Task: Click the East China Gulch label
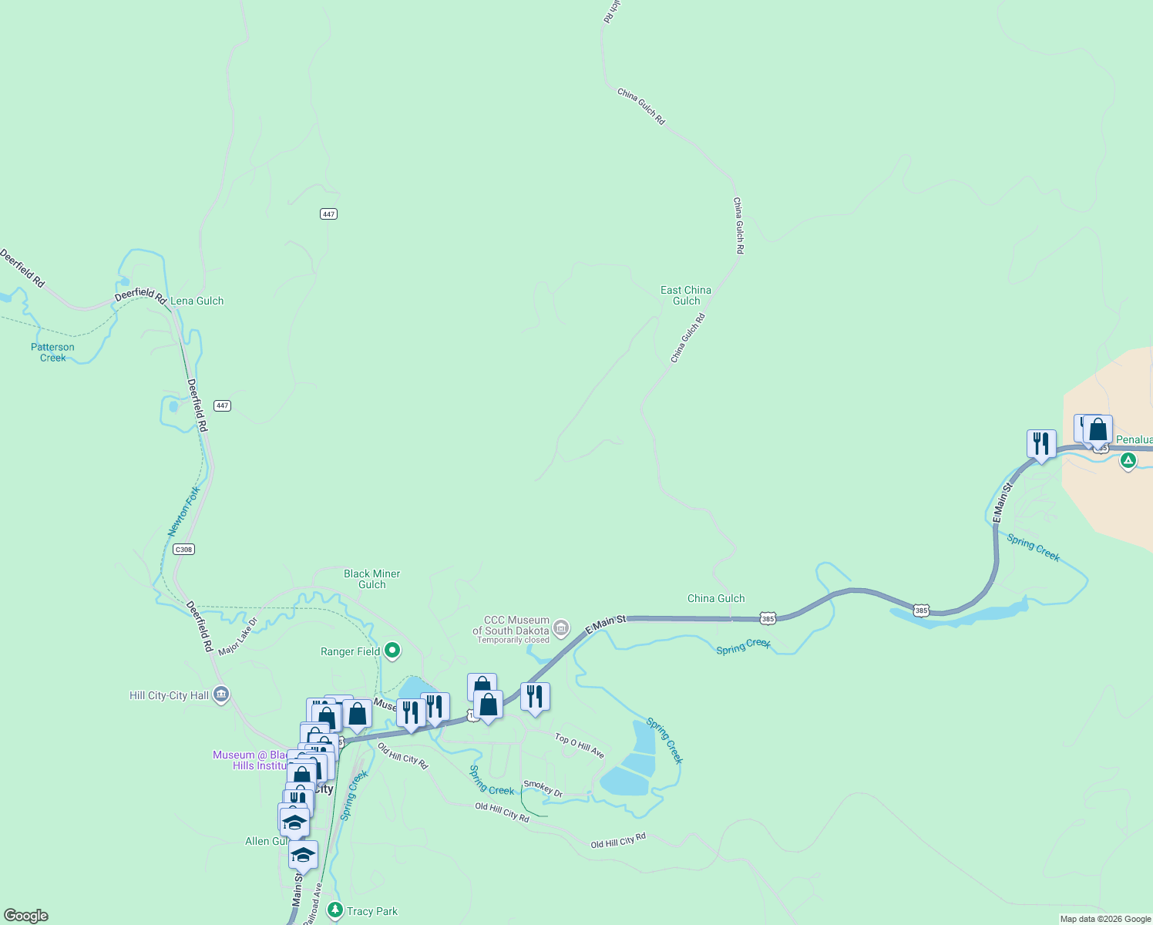686,295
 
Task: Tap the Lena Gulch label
197,301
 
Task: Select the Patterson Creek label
52,352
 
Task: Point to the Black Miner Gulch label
371,579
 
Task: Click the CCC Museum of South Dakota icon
561,628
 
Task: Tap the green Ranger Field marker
392,651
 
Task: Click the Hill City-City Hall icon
221,695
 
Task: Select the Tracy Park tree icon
334,910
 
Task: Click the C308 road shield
183,550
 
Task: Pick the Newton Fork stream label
184,510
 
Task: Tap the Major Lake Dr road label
237,637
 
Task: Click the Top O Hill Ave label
580,745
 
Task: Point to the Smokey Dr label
543,789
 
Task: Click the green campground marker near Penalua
1128,461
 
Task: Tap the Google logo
26,916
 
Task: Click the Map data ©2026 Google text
1104,919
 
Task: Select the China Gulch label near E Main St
716,598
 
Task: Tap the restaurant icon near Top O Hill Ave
535,697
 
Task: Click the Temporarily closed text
513,640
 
